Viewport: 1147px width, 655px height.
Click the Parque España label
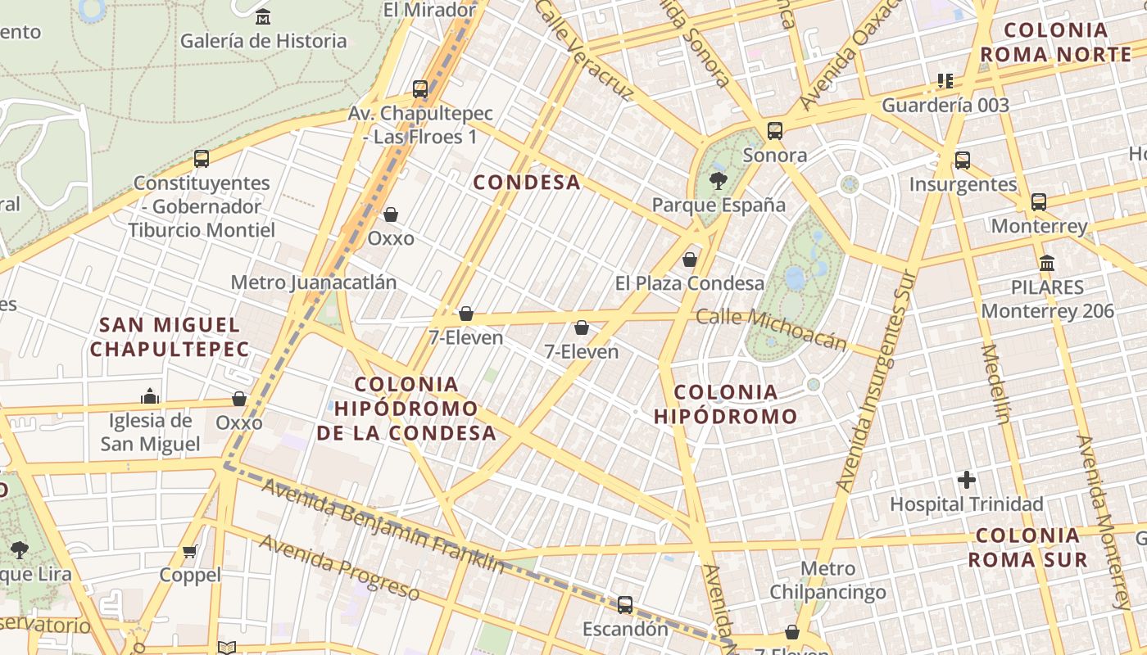click(x=719, y=205)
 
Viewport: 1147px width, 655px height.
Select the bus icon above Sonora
click(x=774, y=131)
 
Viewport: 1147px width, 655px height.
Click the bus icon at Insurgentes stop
click(x=963, y=160)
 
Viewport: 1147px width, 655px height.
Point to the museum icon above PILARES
click(x=1047, y=264)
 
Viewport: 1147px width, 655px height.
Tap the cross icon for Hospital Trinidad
click(x=967, y=480)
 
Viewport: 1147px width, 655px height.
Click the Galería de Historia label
click(x=263, y=40)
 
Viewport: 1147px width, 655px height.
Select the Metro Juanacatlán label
click(x=313, y=282)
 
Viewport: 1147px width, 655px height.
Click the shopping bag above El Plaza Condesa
click(x=690, y=260)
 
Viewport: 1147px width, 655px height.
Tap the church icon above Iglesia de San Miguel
click(x=150, y=397)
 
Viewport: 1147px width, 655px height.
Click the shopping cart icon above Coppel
click(x=190, y=551)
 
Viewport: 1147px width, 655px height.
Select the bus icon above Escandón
click(x=625, y=605)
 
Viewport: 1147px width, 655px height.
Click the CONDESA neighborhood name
click(x=527, y=183)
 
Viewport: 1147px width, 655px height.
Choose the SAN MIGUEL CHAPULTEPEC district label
click(x=170, y=337)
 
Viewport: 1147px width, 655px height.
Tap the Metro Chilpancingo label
click(x=827, y=580)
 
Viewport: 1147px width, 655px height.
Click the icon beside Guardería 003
click(x=945, y=81)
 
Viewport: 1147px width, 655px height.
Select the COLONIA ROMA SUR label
click(x=1027, y=548)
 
